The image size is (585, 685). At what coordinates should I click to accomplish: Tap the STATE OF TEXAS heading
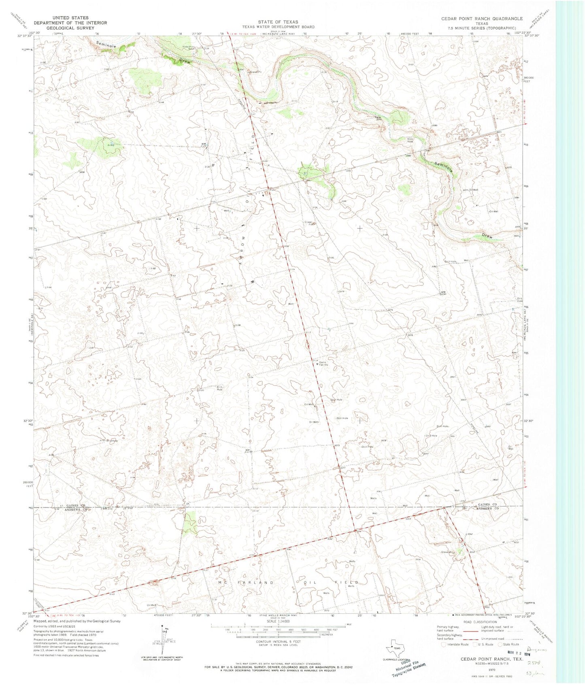(278, 22)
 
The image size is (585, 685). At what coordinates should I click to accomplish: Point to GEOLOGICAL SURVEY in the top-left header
(70, 28)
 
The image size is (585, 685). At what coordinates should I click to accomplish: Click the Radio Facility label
(323, 364)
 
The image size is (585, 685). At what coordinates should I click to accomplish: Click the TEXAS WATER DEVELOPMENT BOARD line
(278, 27)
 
